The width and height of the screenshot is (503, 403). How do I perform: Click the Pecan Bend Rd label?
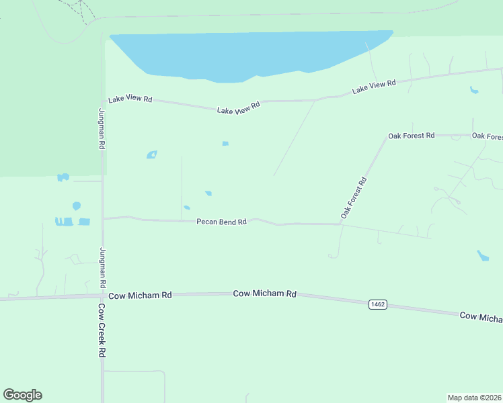pos(221,222)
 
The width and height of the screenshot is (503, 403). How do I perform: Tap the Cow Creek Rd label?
pos(102,330)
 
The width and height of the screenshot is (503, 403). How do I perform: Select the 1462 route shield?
pos(378,305)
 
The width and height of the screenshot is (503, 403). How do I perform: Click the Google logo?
pos(22,395)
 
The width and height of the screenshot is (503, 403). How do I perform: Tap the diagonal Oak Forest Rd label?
pos(354,197)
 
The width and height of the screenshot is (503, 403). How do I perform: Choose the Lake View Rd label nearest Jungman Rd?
pos(130,99)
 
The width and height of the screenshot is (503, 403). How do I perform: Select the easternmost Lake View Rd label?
pos(373,86)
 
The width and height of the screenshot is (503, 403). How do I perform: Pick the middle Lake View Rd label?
pos(238,107)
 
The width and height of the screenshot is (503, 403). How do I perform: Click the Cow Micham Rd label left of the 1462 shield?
pos(265,294)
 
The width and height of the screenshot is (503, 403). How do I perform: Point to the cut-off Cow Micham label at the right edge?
pos(481,316)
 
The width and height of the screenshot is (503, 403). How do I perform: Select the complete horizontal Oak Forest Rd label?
pos(412,136)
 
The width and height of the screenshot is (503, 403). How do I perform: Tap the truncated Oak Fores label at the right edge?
pos(487,136)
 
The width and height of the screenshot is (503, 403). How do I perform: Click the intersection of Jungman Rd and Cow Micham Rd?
pos(102,296)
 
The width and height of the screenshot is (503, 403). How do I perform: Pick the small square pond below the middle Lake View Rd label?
pos(225,143)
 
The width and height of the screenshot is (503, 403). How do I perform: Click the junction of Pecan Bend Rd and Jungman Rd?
pos(103,218)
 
